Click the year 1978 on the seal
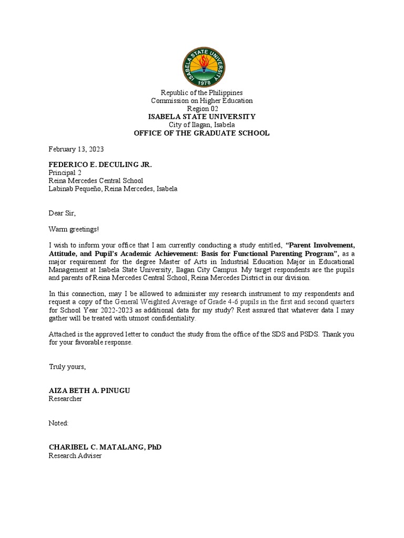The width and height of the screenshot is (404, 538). point(202,82)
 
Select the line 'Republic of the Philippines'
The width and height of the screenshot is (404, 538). point(202,92)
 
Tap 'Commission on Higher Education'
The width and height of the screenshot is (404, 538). point(202,100)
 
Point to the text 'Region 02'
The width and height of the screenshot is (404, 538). point(202,109)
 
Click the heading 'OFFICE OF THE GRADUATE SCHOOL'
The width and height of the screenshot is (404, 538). point(202,133)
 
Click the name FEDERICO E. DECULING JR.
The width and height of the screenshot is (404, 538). point(100,164)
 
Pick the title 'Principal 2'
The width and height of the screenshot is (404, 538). point(65,173)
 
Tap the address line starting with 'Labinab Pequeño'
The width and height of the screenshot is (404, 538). point(113,189)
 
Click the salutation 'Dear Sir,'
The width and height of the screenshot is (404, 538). point(63,213)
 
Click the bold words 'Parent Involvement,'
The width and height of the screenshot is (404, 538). point(321,245)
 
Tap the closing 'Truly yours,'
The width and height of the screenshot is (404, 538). point(67,366)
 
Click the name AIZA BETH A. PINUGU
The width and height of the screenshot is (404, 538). point(89,390)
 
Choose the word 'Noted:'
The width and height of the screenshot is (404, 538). point(59,423)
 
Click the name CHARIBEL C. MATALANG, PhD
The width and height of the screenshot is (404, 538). point(105,447)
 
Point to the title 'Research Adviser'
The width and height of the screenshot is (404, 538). point(75,456)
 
